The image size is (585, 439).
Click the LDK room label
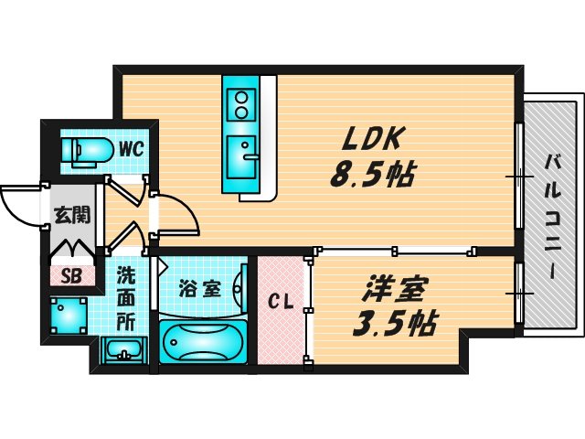point(374,139)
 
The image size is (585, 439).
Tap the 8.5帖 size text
point(372,175)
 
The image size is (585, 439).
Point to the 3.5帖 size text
point(394,323)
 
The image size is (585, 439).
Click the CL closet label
point(282,303)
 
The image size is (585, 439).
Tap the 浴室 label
point(199,289)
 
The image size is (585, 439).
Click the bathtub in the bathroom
point(203,341)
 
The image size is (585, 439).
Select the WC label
point(132,149)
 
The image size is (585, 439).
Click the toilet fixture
point(88,151)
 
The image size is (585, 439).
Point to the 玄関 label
point(72,216)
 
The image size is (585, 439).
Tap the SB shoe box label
point(71,276)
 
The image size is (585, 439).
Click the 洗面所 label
point(125,299)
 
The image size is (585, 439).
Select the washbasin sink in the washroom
point(124,350)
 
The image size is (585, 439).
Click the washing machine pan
point(69,316)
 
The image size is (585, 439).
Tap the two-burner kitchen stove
point(240,105)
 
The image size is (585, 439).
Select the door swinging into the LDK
point(176,214)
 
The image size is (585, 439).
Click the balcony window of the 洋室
point(519,294)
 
